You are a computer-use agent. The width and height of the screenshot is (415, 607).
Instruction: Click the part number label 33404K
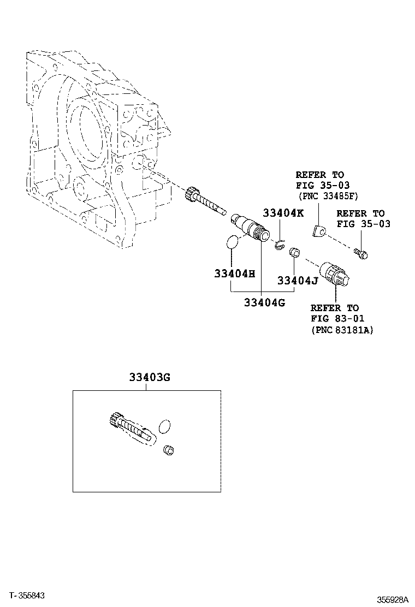click(x=283, y=213)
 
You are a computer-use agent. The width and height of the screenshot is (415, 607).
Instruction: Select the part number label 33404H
click(x=234, y=273)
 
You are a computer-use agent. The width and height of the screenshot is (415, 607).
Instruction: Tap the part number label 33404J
click(x=297, y=281)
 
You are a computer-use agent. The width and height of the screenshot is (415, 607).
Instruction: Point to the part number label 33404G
click(x=264, y=302)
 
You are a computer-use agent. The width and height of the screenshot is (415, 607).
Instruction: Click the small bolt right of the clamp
click(x=361, y=252)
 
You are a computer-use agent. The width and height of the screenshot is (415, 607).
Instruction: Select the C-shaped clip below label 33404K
click(x=280, y=245)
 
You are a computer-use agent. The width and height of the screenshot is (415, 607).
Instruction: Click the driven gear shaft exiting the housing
click(x=204, y=200)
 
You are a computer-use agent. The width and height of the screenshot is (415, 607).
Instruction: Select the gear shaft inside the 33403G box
click(x=131, y=427)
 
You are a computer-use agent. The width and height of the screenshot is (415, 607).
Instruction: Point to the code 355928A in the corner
click(x=390, y=599)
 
